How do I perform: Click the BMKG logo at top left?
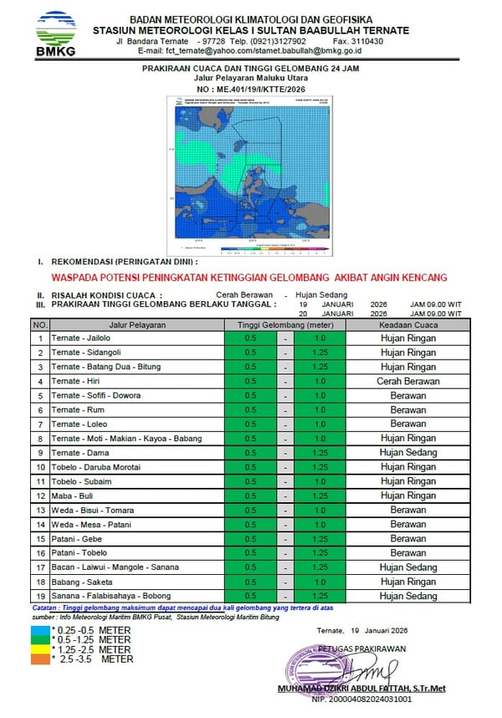(x=55, y=33)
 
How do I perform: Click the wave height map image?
(x=251, y=175)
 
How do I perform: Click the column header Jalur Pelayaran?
(x=137, y=325)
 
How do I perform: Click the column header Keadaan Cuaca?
(x=408, y=325)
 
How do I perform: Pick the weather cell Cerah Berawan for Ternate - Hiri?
(x=408, y=382)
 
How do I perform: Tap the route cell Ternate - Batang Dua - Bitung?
(x=105, y=367)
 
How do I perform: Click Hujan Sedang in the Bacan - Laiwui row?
(x=408, y=567)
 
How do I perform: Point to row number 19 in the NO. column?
(x=39, y=597)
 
